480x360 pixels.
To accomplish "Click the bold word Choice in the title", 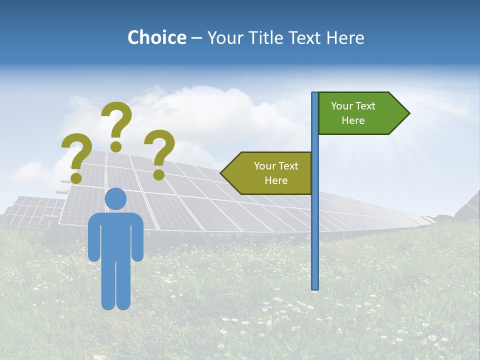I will coord(156,37).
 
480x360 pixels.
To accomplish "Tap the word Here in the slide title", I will coord(345,37).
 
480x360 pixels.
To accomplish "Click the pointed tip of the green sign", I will coord(407,113).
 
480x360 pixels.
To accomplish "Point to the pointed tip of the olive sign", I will coord(222,173).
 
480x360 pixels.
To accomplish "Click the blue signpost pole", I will coord(315,225).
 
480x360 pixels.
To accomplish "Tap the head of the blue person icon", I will coord(115,199).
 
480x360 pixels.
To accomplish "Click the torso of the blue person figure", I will coord(115,235).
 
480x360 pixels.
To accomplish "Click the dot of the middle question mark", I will coord(116,146).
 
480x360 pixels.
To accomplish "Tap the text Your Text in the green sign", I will coord(353,106).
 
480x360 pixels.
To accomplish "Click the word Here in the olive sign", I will coord(276,180).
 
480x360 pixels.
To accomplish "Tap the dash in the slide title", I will coord(196,38).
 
